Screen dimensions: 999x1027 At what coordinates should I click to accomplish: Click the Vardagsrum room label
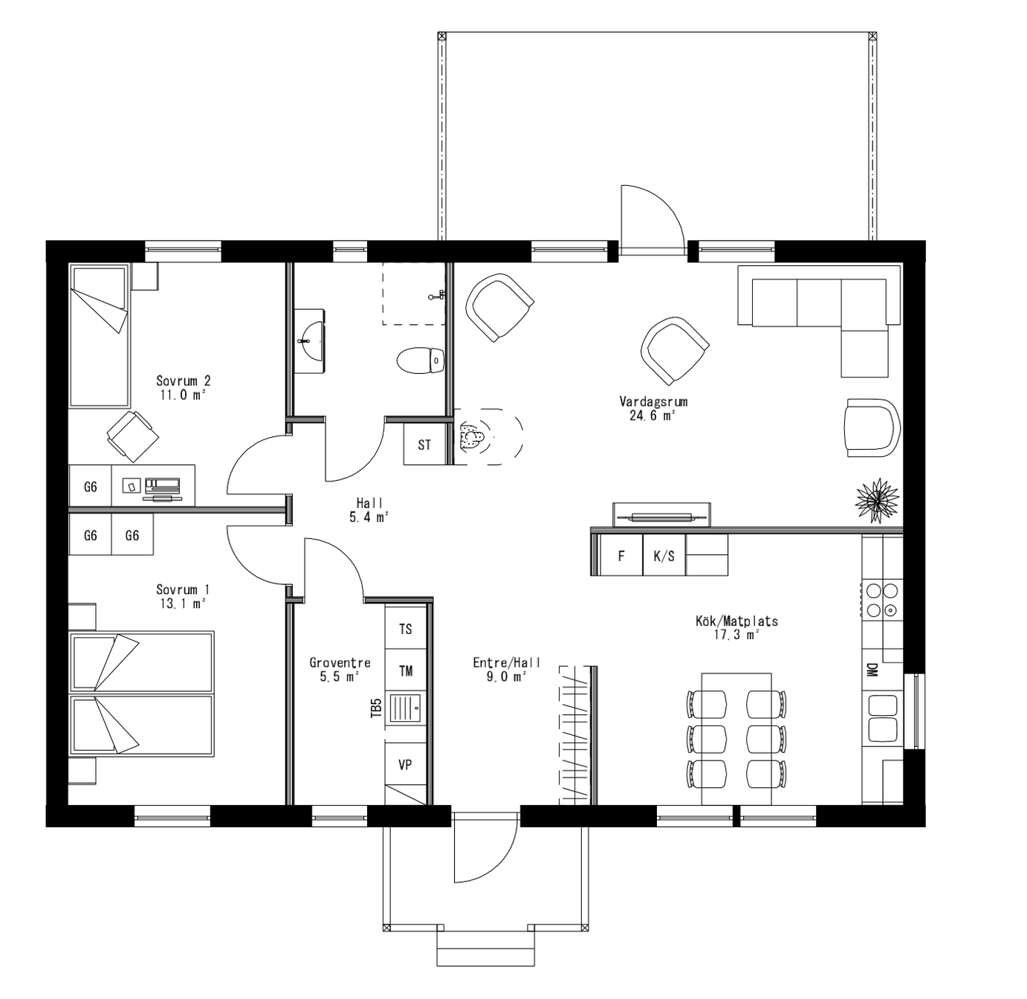[x=653, y=401]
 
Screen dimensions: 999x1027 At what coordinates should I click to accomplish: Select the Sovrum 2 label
[x=183, y=381]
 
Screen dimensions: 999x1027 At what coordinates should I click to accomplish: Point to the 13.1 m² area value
[x=182, y=604]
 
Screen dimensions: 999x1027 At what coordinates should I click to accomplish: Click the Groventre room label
[x=340, y=662]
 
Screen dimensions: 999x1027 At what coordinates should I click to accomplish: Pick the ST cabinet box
[x=424, y=444]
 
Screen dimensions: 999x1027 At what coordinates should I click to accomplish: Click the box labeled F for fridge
[x=621, y=556]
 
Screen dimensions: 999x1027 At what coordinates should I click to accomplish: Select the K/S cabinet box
[x=664, y=556]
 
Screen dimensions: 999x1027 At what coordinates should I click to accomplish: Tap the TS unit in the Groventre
[x=405, y=629]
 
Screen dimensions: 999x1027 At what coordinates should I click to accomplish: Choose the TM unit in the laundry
[x=405, y=671]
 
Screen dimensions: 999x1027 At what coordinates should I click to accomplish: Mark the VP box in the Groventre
[x=405, y=764]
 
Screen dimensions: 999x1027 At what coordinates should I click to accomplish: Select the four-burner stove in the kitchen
[x=882, y=601]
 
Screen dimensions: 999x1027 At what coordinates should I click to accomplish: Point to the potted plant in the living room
[x=877, y=500]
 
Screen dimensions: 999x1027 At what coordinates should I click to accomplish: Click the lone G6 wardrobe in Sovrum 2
[x=90, y=487]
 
